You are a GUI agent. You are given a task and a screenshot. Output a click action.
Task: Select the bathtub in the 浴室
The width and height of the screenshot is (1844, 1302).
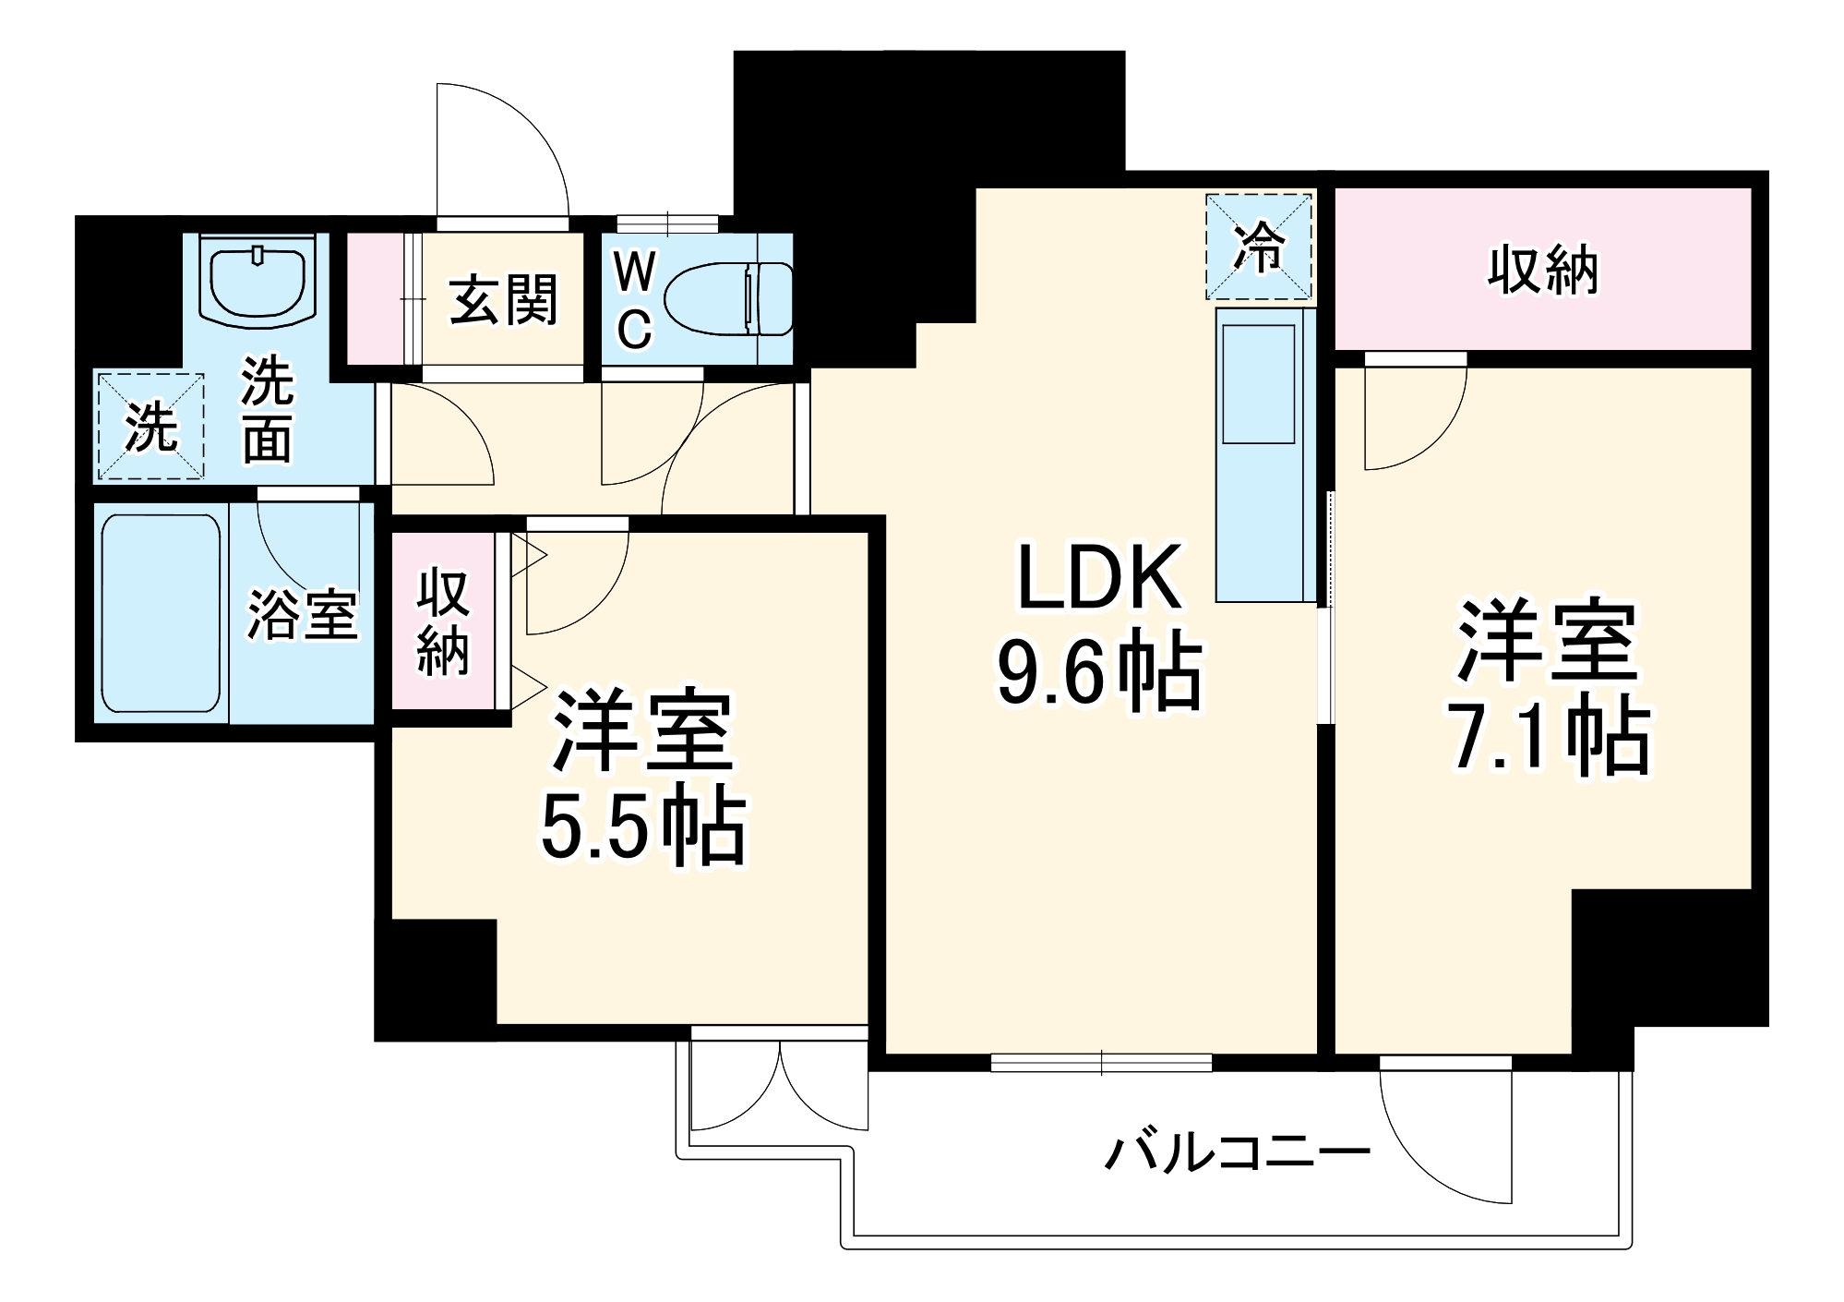pos(161,613)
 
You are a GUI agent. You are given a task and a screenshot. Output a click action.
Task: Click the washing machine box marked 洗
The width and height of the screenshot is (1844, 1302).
pos(150,427)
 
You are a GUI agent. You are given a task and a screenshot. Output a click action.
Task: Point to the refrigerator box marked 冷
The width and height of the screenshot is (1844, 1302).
pos(1258,247)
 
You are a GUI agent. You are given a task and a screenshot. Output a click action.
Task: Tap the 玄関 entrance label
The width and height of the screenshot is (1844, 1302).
pos(504,300)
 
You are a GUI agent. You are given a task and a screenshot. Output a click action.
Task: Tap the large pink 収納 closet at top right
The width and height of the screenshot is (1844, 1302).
pos(1542,270)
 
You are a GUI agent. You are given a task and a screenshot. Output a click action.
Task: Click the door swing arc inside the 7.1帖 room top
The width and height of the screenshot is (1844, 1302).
pos(1412,420)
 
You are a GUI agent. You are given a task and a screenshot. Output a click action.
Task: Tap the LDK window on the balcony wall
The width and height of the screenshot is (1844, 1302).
pos(1101,1063)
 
